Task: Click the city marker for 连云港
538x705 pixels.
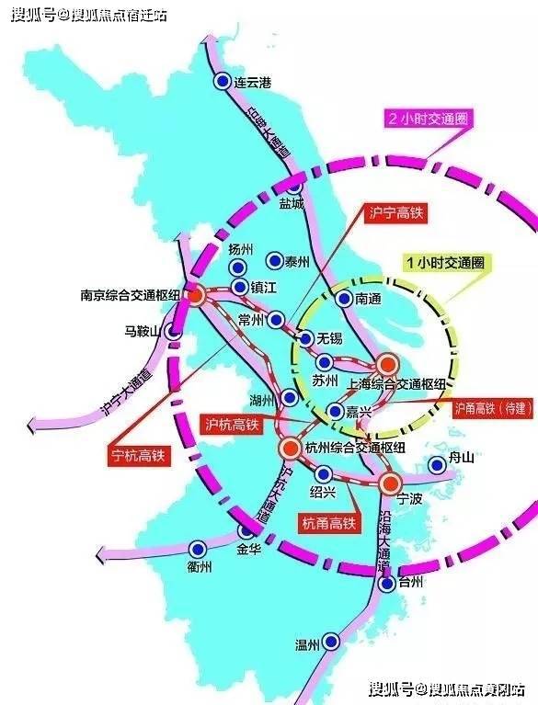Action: coord(222,82)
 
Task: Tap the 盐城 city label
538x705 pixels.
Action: coord(292,203)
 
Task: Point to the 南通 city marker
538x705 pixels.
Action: coord(343,298)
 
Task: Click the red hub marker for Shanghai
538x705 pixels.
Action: coord(386,365)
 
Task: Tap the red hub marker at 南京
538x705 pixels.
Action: coord(195,296)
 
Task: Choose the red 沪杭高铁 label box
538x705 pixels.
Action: coord(230,425)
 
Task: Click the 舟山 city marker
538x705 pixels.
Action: coord(438,465)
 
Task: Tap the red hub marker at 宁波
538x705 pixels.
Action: coord(390,483)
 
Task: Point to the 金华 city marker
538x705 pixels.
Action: coord(246,530)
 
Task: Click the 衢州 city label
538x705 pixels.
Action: coord(199,567)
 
